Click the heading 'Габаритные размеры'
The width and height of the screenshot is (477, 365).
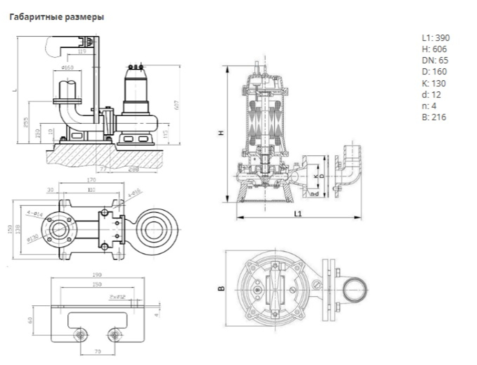click(56, 17)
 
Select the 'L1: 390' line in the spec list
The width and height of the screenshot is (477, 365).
click(435, 38)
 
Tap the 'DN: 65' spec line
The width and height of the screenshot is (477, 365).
click(435, 61)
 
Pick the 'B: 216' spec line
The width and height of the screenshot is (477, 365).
click(434, 117)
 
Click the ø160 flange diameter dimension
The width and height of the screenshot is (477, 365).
click(68, 68)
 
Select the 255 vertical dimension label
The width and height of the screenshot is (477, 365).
click(26, 122)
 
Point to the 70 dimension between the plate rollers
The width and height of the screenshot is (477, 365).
click(98, 352)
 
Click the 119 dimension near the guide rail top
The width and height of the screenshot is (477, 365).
click(83, 51)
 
